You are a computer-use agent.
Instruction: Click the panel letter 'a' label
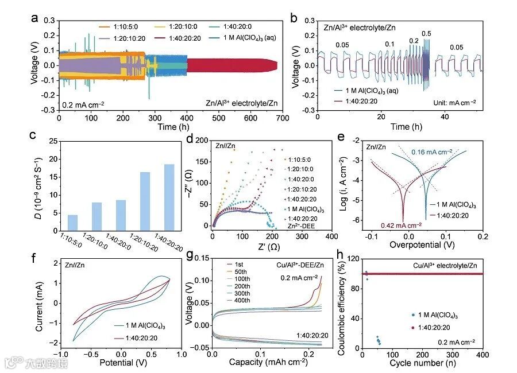35,17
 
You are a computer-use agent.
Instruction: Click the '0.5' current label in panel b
426,34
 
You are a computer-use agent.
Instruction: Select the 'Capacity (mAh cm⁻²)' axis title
267,363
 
